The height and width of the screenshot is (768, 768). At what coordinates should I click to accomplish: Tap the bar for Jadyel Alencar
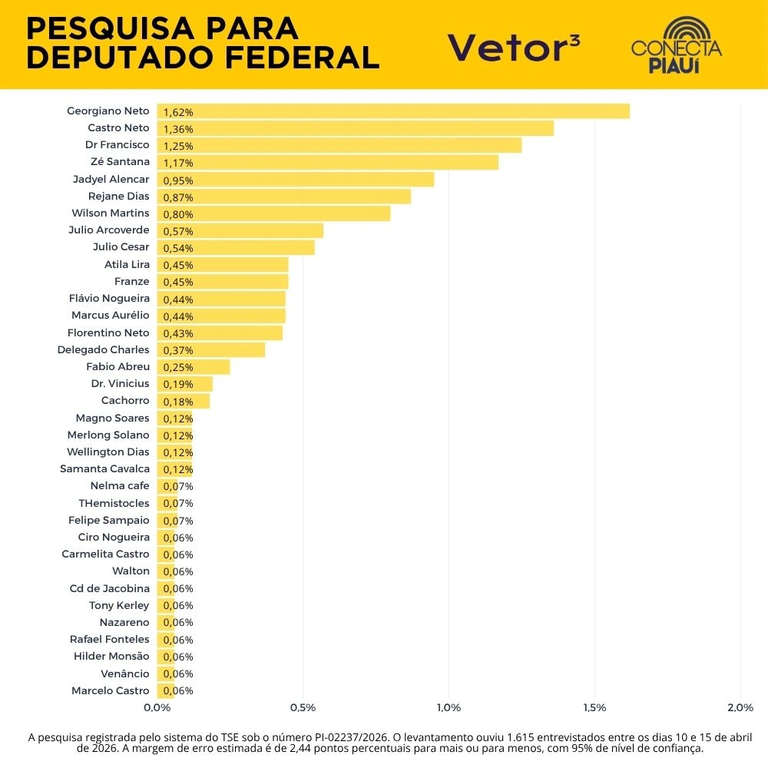(x=296, y=180)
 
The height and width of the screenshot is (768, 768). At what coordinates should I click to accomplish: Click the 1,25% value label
(x=178, y=146)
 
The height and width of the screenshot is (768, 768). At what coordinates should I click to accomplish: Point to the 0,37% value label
(x=178, y=350)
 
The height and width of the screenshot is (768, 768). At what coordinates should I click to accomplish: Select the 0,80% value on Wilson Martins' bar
(x=178, y=214)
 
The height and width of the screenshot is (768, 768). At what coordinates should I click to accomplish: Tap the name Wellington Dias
(x=108, y=452)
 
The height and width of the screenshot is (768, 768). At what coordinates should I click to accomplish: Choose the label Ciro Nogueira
(x=114, y=537)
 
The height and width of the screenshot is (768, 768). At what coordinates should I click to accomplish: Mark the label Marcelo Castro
(x=111, y=690)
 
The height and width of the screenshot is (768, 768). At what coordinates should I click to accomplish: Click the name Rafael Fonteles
(x=110, y=639)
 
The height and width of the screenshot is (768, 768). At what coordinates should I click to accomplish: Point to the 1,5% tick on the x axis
(x=594, y=707)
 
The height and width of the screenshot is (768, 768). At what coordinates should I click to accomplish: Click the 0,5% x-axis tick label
(x=303, y=707)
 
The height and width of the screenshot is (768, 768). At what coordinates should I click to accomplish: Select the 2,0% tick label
(x=740, y=707)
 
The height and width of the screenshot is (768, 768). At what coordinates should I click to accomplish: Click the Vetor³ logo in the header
(x=514, y=47)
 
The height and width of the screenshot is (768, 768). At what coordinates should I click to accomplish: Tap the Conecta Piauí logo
(x=677, y=46)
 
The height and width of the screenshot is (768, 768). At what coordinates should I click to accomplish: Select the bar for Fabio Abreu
(x=194, y=367)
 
